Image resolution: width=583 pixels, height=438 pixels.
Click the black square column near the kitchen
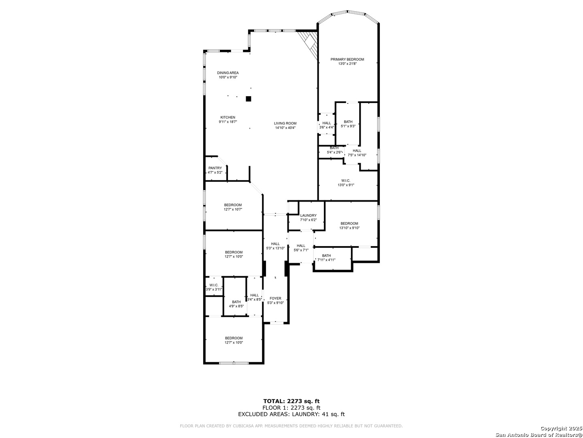(x=249, y=99)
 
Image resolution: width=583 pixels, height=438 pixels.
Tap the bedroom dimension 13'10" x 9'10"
(x=349, y=228)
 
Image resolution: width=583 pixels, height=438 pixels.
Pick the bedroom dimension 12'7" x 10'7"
(x=233, y=209)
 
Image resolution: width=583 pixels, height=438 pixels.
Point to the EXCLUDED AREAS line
(x=291, y=414)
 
